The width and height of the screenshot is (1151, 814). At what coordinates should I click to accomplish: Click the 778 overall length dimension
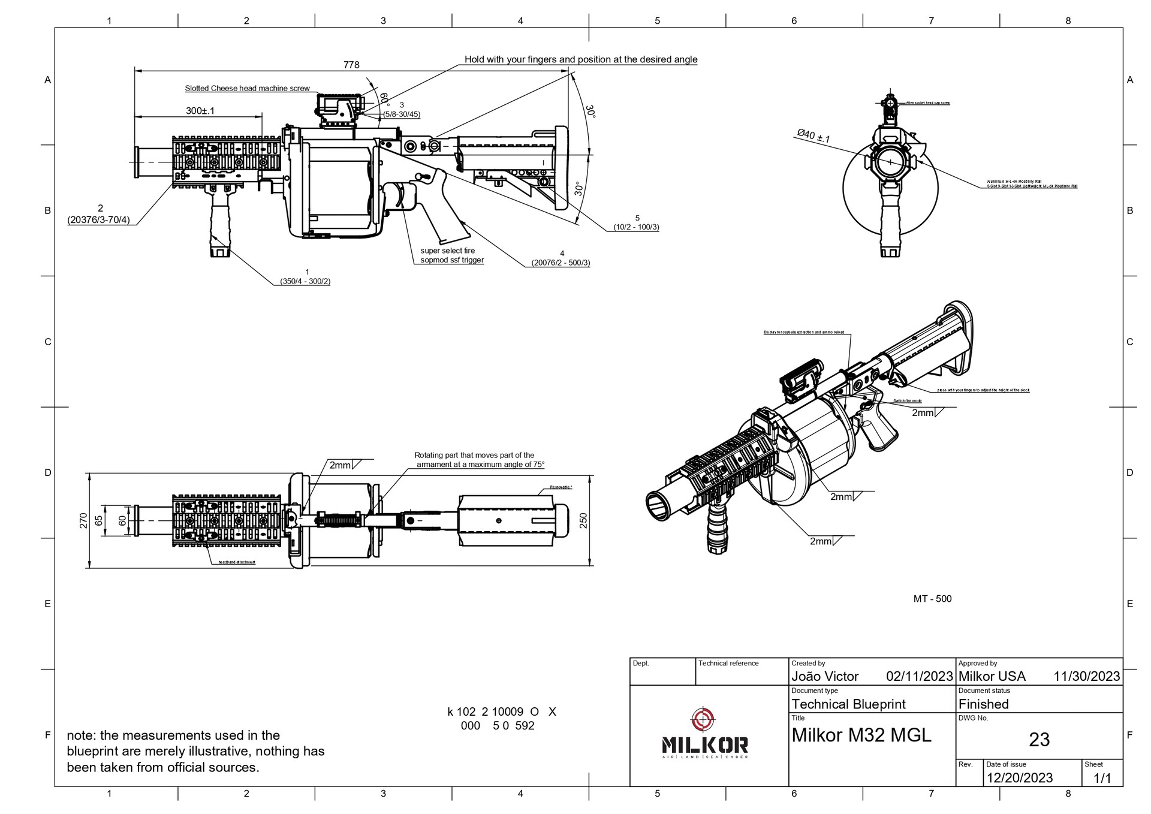351,65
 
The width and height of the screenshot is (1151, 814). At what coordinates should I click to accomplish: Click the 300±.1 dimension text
200,111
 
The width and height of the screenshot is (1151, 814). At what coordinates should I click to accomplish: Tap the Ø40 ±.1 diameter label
813,136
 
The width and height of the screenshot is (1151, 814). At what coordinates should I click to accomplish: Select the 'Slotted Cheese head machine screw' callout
247,89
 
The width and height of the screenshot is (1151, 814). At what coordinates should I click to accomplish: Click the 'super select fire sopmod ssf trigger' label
451,255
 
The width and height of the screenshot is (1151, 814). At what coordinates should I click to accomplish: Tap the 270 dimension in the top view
83,520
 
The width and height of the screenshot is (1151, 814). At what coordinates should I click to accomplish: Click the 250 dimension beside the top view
583,520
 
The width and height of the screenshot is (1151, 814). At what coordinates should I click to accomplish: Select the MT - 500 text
932,599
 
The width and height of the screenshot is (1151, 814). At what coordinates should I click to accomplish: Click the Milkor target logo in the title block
704,718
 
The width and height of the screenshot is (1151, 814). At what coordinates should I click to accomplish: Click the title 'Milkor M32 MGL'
861,735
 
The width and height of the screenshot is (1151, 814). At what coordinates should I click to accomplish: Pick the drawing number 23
1039,740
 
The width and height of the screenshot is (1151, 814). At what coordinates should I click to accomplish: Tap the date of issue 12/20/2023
1019,778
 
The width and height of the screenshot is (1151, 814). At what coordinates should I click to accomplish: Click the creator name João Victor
825,677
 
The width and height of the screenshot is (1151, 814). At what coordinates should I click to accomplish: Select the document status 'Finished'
983,704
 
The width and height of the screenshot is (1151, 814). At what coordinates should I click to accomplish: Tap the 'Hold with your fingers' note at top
580,59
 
